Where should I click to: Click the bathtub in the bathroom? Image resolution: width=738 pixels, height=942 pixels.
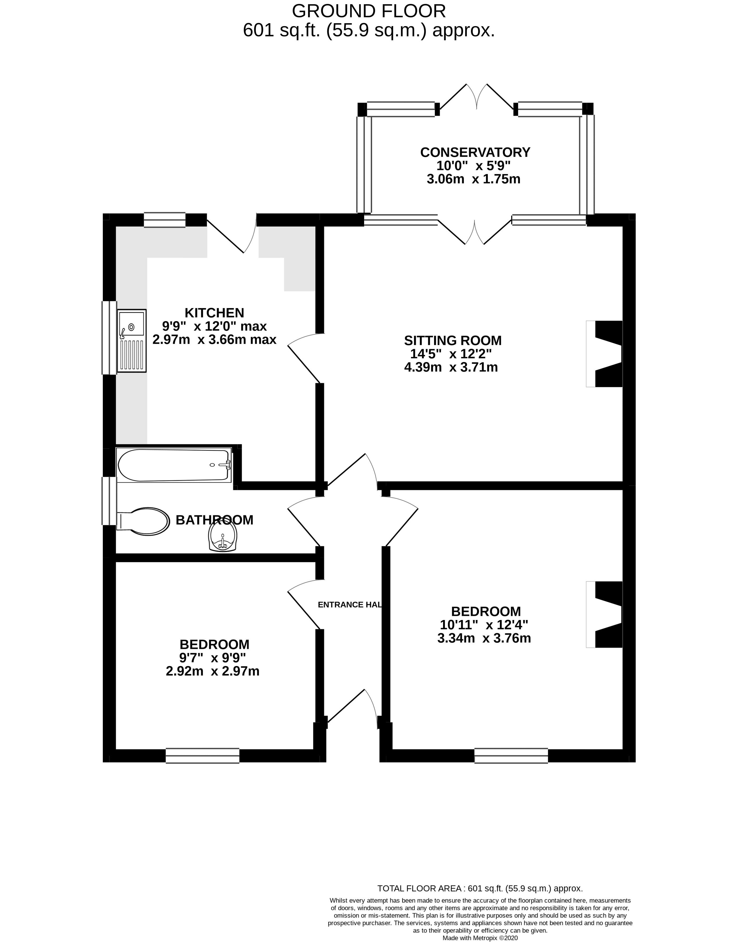(x=174, y=465)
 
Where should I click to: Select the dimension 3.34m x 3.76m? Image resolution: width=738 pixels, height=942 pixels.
(x=484, y=638)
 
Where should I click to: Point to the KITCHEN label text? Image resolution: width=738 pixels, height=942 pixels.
(x=214, y=313)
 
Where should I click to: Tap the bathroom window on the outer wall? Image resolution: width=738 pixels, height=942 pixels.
(x=109, y=500)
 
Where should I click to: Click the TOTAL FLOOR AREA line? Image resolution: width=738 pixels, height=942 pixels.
(x=480, y=888)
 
